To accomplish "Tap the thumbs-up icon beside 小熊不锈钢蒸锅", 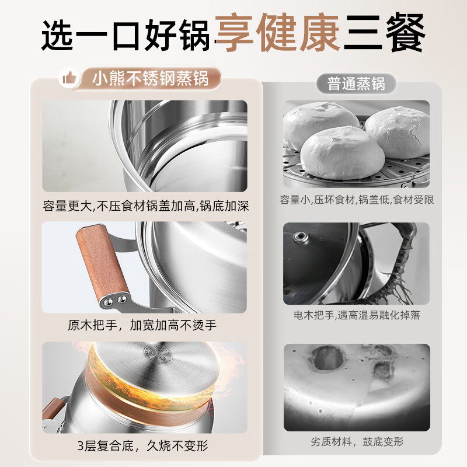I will [x=68, y=78].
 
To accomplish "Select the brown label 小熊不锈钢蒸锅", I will [x=151, y=78].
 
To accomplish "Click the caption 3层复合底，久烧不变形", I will [x=144, y=446].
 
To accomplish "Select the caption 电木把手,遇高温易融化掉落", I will [x=357, y=315].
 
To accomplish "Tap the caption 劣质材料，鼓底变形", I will [x=357, y=442].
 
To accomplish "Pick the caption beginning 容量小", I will [x=357, y=200].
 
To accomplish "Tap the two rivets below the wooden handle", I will [x=115, y=299].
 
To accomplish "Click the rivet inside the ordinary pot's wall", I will [x=301, y=236].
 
